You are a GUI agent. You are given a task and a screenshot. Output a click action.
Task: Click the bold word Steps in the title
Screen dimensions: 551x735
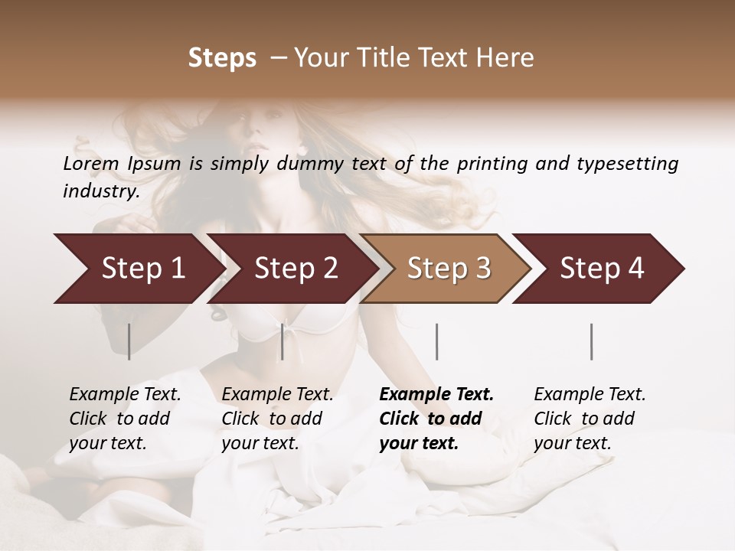pos(222,58)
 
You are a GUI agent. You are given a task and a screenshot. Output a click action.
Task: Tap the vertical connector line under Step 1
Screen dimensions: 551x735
pos(129,341)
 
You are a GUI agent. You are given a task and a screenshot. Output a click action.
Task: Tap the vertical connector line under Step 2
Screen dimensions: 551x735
pos(283,341)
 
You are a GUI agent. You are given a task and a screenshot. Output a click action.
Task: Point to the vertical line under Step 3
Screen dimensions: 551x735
pos(436,341)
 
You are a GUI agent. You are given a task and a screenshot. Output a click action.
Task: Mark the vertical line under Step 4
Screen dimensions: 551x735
pos(591,341)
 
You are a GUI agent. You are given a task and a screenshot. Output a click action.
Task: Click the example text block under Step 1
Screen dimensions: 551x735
pos(125,419)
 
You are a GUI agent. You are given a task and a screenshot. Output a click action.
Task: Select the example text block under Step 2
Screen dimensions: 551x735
pos(277,419)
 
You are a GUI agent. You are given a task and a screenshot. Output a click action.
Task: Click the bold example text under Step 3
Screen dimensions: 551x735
pos(436,419)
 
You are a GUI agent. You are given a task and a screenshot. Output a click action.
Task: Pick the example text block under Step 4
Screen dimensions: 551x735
pos(590,419)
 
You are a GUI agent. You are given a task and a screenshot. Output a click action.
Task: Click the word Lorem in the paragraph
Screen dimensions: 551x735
pos(91,164)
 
